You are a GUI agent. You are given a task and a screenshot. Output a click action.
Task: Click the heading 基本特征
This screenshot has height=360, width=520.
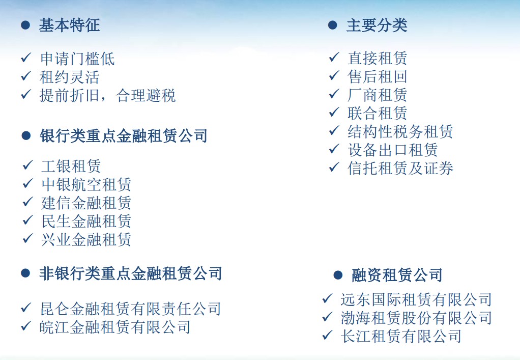click(x=69, y=25)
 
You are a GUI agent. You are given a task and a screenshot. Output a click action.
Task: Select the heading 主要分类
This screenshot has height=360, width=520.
click(x=377, y=25)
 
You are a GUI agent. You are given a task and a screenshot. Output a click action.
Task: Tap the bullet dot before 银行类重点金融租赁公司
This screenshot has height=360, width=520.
click(x=26, y=135)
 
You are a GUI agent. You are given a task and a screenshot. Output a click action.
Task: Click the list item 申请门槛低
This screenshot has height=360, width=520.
click(x=77, y=59)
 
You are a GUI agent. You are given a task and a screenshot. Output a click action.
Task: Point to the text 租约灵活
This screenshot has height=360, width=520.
click(x=70, y=77)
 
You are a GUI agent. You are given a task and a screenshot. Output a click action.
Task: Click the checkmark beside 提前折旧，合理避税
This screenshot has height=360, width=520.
click(x=26, y=94)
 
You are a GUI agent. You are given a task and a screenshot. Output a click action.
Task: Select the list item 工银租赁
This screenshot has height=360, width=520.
click(x=71, y=166)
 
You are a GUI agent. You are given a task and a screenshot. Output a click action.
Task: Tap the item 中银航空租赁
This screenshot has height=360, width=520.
click(x=86, y=184)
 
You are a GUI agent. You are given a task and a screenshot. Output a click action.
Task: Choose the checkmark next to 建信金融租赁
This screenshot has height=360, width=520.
click(x=28, y=202)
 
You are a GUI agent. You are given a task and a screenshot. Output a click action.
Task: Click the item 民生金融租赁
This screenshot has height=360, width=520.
click(x=86, y=221)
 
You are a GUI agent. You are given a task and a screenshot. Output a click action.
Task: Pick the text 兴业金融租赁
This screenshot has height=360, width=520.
click(x=86, y=239)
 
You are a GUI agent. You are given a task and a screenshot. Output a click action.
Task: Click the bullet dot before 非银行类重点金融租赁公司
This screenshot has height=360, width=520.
click(x=25, y=273)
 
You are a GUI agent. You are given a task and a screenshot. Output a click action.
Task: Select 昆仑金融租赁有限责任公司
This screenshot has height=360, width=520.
click(x=130, y=309)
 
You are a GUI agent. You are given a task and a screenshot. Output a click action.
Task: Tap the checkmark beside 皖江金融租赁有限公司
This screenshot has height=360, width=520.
click(x=26, y=326)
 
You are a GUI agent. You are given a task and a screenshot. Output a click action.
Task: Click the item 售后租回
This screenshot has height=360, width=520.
click(x=378, y=77)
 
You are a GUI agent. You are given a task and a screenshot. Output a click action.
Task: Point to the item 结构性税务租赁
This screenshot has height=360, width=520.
click(x=400, y=132)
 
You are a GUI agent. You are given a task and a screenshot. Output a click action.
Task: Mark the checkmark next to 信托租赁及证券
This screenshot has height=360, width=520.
click(x=334, y=167)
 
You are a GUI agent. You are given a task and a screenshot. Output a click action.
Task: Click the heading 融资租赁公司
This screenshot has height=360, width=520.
click(x=397, y=275)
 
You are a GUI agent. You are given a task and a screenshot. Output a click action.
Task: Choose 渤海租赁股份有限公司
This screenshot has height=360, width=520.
click(x=416, y=318)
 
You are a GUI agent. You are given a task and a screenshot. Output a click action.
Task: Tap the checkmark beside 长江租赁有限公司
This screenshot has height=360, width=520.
click(x=327, y=335)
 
